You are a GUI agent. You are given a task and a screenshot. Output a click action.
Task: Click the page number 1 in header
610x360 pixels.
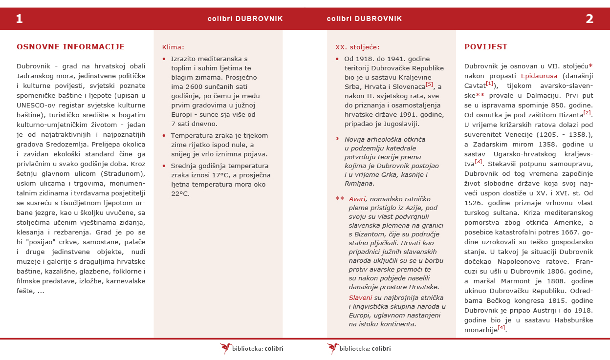coord(19,19)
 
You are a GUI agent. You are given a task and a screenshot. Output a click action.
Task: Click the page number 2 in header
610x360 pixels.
coord(589,19)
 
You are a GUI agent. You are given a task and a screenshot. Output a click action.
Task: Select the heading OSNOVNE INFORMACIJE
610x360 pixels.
coord(70,47)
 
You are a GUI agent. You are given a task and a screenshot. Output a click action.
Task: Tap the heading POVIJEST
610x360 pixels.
coord(486,47)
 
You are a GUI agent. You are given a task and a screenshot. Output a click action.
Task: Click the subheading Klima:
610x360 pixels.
coord(173,47)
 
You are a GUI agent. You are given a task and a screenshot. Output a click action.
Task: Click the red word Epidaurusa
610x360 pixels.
coord(539,76)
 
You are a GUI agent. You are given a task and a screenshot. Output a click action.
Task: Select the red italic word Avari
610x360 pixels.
coord(357,199)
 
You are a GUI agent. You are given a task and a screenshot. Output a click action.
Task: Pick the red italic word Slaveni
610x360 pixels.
coord(360,297)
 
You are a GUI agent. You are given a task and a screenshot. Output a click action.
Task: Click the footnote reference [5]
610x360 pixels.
coord(429,84)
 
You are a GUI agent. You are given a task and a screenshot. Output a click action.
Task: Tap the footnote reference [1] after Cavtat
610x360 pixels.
coord(489,84)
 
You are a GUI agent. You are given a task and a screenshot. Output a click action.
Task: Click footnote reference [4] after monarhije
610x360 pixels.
coord(501,327)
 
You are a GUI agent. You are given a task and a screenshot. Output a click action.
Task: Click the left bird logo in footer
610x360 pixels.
coord(226,348)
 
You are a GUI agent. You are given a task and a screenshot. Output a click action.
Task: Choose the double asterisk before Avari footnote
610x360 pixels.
coord(340,199)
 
